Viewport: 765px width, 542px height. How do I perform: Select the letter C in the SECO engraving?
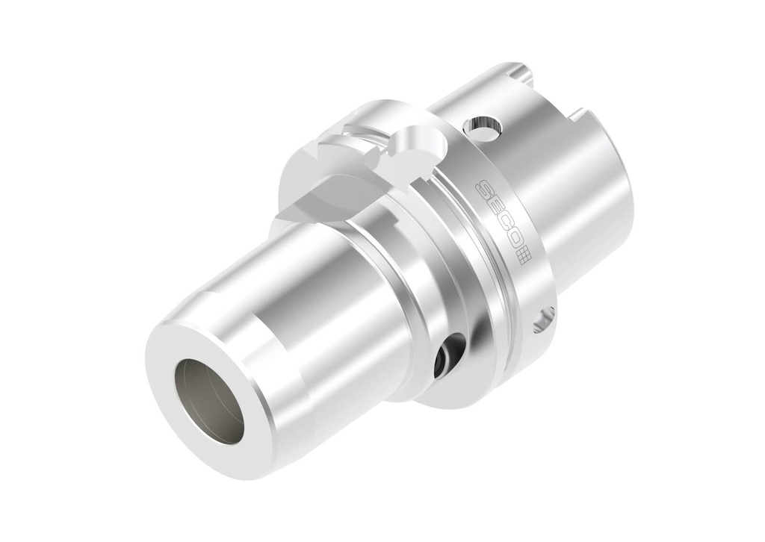503,225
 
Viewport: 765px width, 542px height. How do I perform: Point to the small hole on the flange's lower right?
542,320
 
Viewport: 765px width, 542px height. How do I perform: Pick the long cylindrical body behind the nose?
329,299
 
